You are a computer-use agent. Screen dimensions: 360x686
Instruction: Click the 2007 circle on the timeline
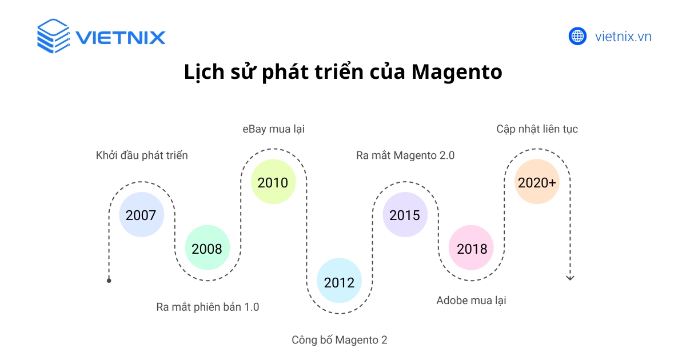(x=141, y=215)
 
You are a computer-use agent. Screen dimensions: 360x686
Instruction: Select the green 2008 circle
(x=207, y=249)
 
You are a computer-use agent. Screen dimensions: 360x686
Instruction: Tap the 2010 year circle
(x=273, y=182)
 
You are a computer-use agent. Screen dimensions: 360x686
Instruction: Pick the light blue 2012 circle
(x=339, y=282)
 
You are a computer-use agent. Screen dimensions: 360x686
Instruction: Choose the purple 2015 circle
(x=405, y=215)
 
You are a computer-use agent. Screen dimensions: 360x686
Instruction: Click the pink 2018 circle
(x=471, y=249)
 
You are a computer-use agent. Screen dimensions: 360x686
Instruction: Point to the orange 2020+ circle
(x=537, y=182)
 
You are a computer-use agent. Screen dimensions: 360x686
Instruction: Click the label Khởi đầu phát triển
(x=142, y=155)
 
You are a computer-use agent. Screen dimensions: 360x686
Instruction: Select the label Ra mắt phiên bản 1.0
(x=208, y=307)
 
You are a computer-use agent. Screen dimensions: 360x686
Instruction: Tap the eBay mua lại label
(x=273, y=129)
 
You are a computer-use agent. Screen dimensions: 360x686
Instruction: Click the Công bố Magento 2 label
(x=339, y=340)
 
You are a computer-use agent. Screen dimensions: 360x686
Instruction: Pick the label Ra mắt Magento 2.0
(x=405, y=155)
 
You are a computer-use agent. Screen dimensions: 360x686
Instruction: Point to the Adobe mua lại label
(x=471, y=301)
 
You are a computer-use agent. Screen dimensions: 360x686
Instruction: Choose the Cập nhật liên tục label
(x=537, y=129)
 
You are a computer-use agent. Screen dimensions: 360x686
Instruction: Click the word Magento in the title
(x=457, y=73)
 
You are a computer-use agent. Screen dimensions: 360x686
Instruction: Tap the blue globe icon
(x=577, y=37)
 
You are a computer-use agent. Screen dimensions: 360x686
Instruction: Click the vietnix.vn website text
(x=623, y=37)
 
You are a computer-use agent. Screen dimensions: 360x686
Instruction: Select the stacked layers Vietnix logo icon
(x=53, y=37)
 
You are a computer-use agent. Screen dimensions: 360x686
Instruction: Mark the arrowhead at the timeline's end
(x=569, y=278)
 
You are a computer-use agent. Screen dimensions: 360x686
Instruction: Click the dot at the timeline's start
(x=109, y=281)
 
